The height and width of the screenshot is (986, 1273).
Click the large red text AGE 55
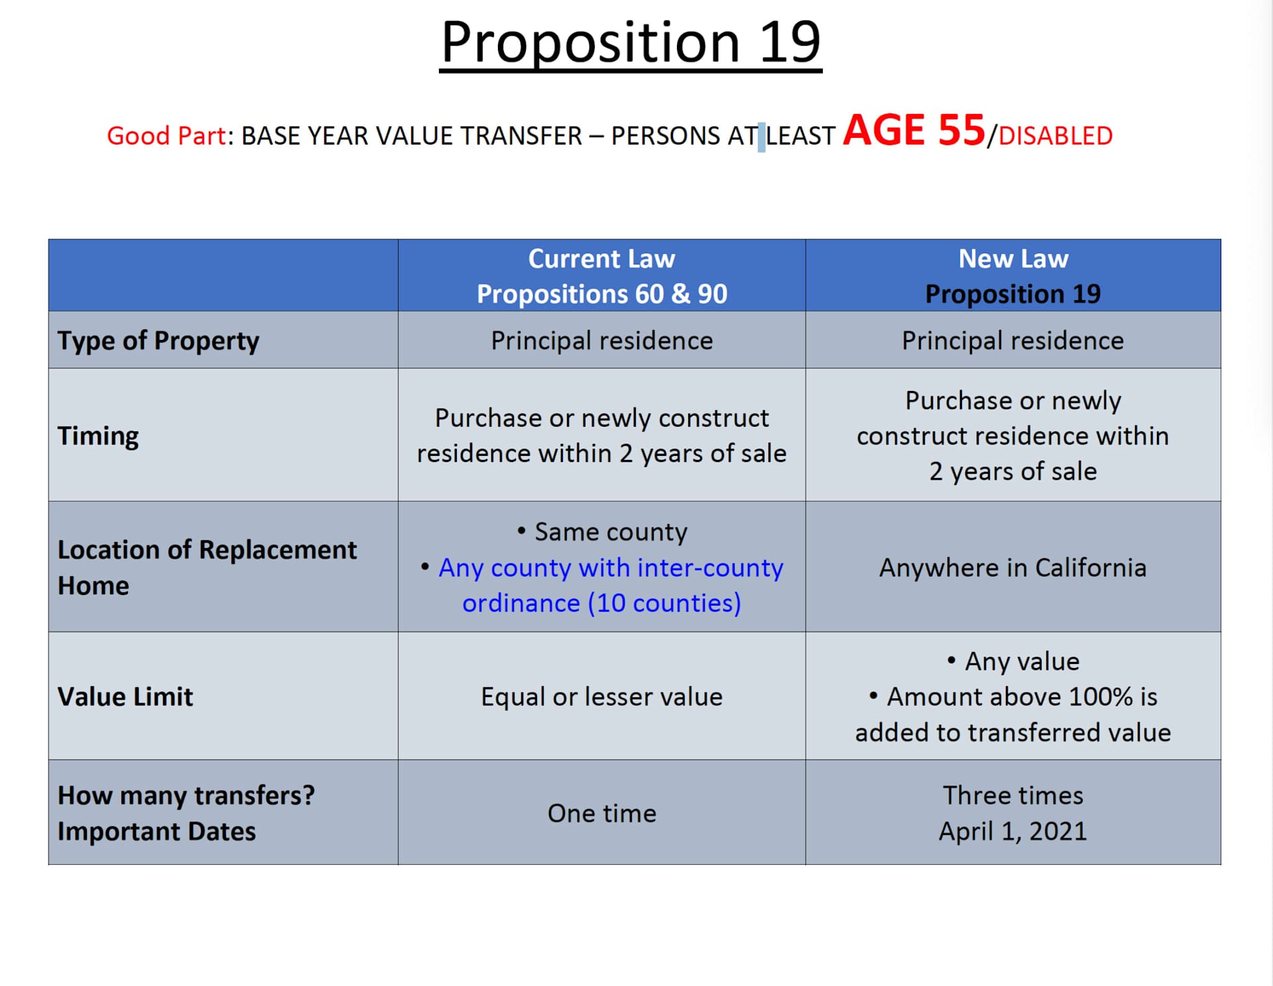(914, 131)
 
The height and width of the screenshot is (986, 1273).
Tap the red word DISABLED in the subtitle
(1056, 136)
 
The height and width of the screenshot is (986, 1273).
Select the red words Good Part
(166, 136)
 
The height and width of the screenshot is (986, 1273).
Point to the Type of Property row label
(158, 341)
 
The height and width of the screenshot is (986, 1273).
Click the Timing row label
(98, 436)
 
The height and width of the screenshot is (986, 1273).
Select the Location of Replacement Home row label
(207, 567)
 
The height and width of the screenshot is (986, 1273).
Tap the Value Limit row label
(125, 696)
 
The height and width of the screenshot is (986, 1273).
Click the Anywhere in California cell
(1012, 568)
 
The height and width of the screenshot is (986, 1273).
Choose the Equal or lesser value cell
(601, 696)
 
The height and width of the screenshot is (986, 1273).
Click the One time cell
(601, 813)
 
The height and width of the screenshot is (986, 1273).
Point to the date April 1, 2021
(1012, 831)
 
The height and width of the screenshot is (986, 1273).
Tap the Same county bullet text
(611, 532)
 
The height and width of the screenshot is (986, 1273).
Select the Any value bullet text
(1022, 661)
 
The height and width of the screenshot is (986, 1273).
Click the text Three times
(1012, 795)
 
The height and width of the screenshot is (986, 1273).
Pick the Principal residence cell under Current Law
(601, 341)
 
